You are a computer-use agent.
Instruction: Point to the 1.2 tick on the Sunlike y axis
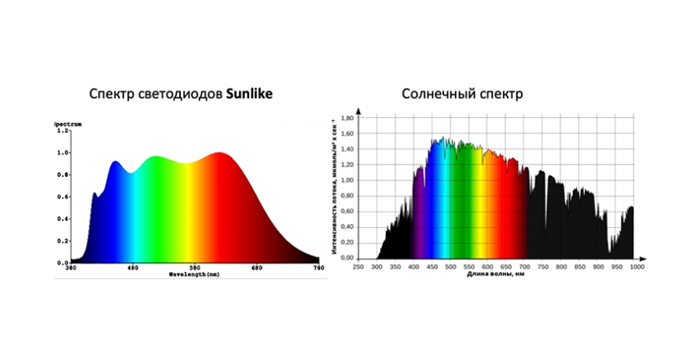(62, 130)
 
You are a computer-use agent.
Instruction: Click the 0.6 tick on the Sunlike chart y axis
(62, 197)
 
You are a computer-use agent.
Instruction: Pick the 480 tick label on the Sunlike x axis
(132, 268)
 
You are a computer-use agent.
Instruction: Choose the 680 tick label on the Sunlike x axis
(257, 268)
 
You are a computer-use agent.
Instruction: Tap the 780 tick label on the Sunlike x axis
(318, 268)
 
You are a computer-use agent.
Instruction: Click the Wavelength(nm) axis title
(194, 274)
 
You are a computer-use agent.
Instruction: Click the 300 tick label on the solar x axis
(376, 267)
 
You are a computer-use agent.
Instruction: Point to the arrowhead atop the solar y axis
(358, 110)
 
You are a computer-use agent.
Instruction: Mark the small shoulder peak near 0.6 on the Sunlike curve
(94, 193)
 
